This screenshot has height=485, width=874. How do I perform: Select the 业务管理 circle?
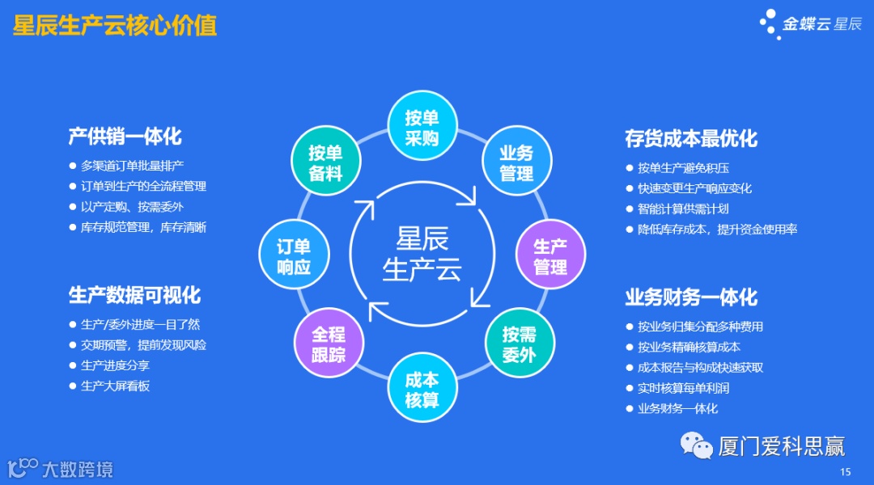(516, 162)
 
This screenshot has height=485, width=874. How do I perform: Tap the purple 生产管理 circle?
(550, 256)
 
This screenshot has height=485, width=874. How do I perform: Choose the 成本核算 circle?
(422, 390)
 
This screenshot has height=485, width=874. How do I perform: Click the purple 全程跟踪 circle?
(328, 344)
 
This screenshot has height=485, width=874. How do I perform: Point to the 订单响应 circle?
(293, 256)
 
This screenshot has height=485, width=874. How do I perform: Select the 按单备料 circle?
(325, 162)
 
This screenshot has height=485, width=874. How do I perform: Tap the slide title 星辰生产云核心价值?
(115, 26)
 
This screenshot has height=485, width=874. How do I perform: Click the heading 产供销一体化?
(125, 136)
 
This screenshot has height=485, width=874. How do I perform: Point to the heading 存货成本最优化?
(691, 138)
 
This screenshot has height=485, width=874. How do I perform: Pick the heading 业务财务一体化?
(691, 297)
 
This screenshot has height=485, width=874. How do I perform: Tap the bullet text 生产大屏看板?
(116, 386)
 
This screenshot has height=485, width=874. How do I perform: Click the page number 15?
(846, 472)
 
